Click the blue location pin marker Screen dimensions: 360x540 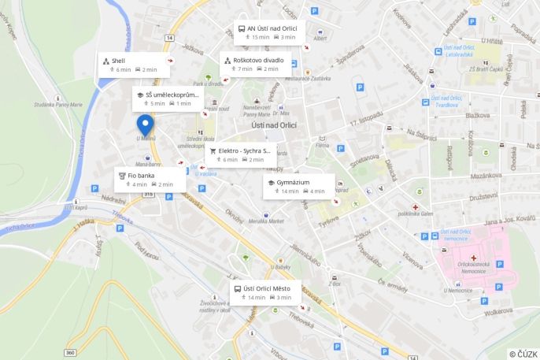(x=145, y=125)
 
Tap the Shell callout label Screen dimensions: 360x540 (x=118, y=60)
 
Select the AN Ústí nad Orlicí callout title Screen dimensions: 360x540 (x=272, y=28)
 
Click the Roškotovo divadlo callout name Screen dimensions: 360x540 (x=258, y=59)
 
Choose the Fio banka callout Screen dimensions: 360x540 (x=141, y=175)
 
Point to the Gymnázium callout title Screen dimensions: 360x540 (x=293, y=182)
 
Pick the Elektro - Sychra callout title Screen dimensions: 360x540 (x=244, y=150)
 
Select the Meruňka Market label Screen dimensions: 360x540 (x=265, y=221)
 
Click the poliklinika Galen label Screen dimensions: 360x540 (x=416, y=213)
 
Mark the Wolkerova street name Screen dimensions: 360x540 (x=497, y=312)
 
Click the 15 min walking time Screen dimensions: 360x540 (x=260, y=37)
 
